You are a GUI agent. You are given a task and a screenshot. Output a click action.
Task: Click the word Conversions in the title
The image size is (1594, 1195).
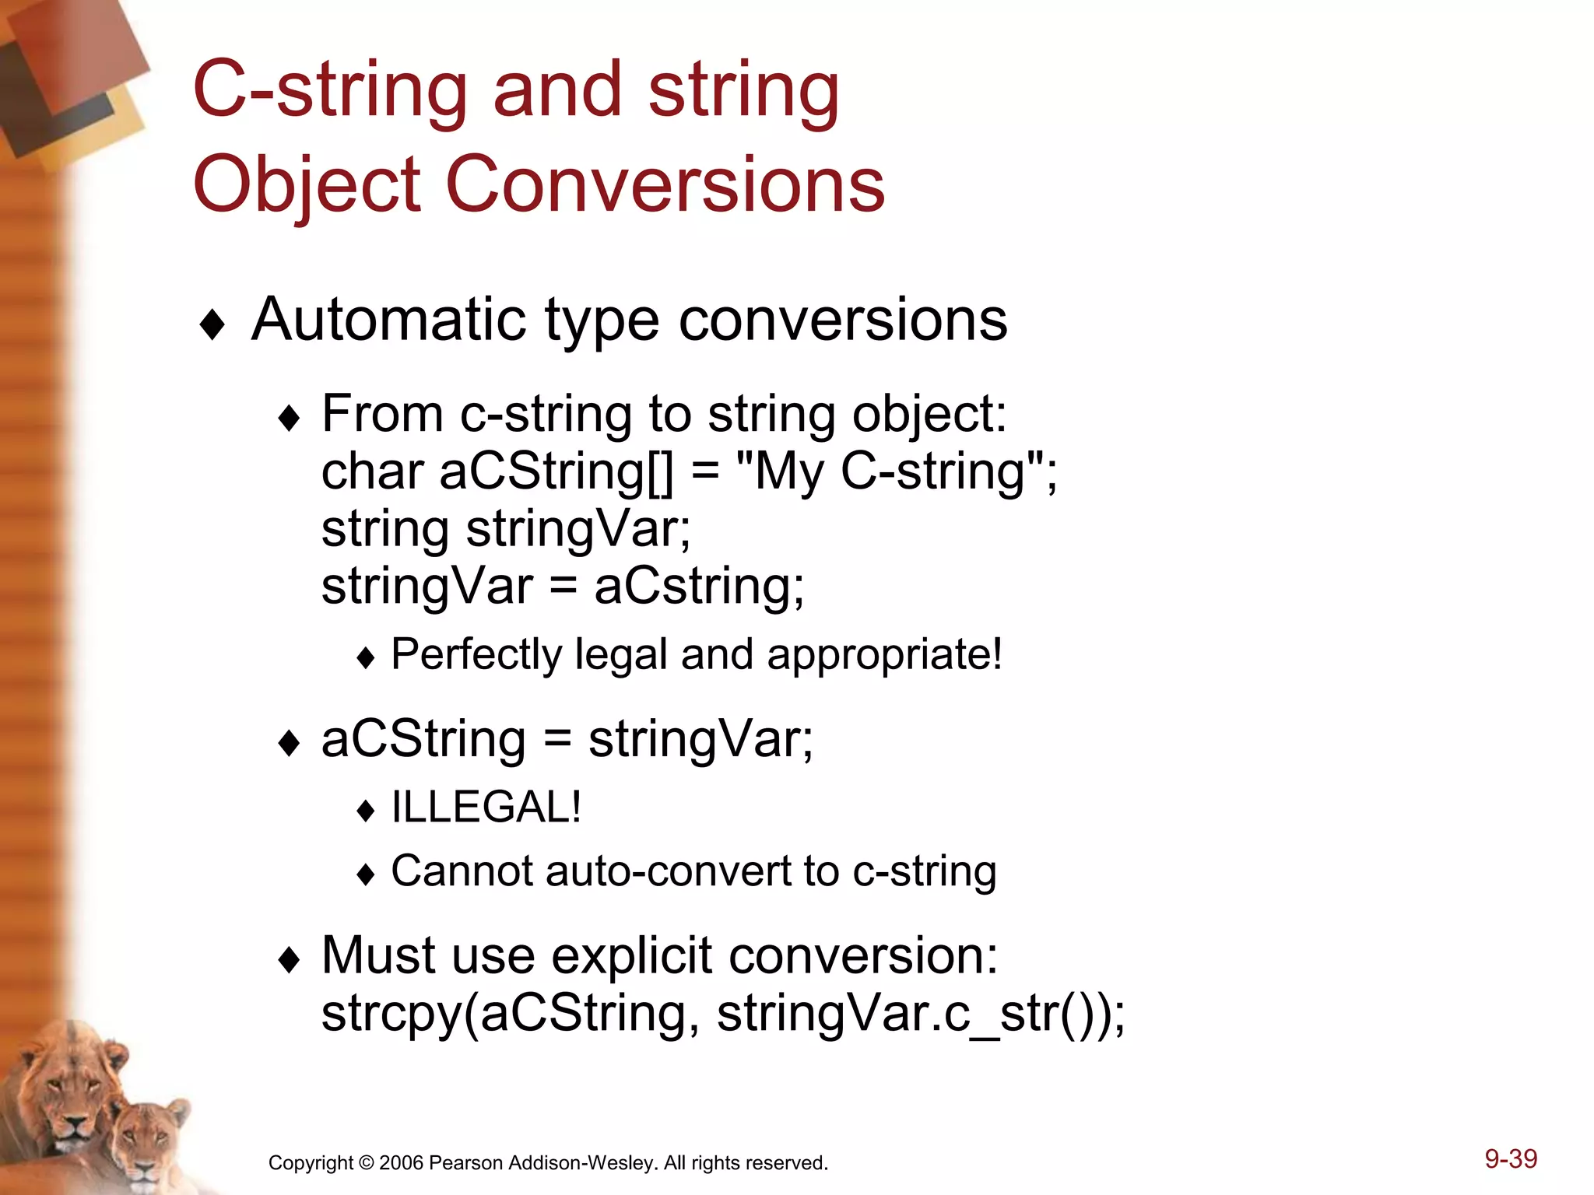(x=665, y=184)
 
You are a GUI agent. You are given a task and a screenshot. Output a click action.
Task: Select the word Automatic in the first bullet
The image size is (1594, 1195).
(x=388, y=320)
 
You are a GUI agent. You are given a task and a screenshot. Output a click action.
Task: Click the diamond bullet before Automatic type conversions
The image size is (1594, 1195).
(x=212, y=324)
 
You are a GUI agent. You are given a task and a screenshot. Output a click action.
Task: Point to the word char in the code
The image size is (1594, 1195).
(x=373, y=471)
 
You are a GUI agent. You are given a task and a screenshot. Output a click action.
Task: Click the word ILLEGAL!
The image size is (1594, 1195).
(x=486, y=807)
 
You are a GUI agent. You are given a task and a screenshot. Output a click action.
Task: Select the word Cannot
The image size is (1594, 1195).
(x=461, y=871)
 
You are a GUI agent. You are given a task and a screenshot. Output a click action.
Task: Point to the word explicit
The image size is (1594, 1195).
(x=631, y=956)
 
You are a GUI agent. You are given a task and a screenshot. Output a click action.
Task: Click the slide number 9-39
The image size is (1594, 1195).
(x=1511, y=1159)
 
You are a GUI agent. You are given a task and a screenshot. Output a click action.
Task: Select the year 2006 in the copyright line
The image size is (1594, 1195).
(x=401, y=1163)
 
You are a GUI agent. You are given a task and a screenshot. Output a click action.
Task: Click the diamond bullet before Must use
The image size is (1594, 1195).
(x=289, y=961)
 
